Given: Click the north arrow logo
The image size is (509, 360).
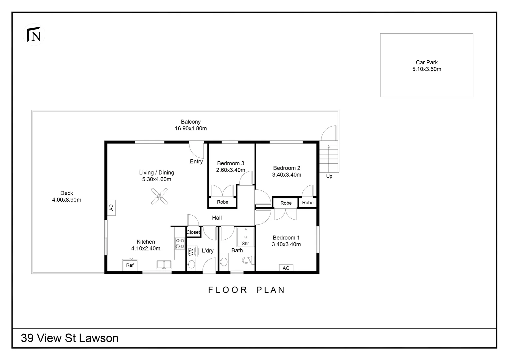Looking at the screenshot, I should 34,35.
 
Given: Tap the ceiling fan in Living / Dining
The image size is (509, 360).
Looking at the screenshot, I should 159,196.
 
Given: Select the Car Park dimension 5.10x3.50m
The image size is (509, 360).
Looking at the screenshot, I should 426,69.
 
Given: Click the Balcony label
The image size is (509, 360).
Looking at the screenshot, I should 191,122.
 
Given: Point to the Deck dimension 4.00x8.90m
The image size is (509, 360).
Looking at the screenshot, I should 67,200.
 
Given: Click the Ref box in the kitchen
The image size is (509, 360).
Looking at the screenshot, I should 130,265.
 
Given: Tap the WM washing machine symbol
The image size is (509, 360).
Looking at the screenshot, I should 191,251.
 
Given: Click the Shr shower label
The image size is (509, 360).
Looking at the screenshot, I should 245,243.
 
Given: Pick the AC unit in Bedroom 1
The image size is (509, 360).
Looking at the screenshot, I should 286,268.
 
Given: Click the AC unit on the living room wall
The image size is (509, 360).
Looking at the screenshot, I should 111,207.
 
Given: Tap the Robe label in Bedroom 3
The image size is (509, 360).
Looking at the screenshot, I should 223,202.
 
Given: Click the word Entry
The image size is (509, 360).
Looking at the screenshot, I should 196,161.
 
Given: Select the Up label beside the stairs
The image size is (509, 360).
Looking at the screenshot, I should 329,176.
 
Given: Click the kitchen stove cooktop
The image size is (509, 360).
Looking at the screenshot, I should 180,243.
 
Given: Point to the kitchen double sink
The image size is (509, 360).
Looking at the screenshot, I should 164,265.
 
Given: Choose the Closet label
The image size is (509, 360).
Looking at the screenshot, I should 193,232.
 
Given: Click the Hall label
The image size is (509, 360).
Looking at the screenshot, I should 217,218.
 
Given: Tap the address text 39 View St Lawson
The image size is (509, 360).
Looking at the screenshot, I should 70,338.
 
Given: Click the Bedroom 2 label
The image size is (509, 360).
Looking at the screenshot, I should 286,168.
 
